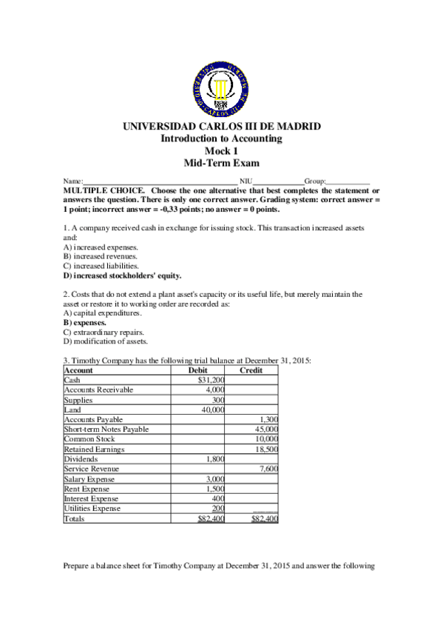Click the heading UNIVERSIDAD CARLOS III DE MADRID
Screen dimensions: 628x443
pos(221,127)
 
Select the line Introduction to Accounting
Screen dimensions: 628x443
pos(221,139)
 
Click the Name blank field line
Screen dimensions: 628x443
pos(160,181)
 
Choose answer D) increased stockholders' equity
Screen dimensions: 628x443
pos(123,275)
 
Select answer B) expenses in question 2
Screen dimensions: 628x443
pos(84,324)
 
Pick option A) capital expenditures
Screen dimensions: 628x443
pos(103,314)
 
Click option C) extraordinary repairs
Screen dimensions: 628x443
pos(104,333)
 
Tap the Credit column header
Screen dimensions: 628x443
pos(252,370)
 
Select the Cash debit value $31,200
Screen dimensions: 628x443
pos(211,379)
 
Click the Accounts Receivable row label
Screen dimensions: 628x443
pos(96,389)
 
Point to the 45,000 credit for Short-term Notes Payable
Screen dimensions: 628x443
pos(265,429)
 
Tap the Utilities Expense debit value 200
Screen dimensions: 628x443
pos(217,509)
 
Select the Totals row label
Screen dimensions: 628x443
pos(74,519)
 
